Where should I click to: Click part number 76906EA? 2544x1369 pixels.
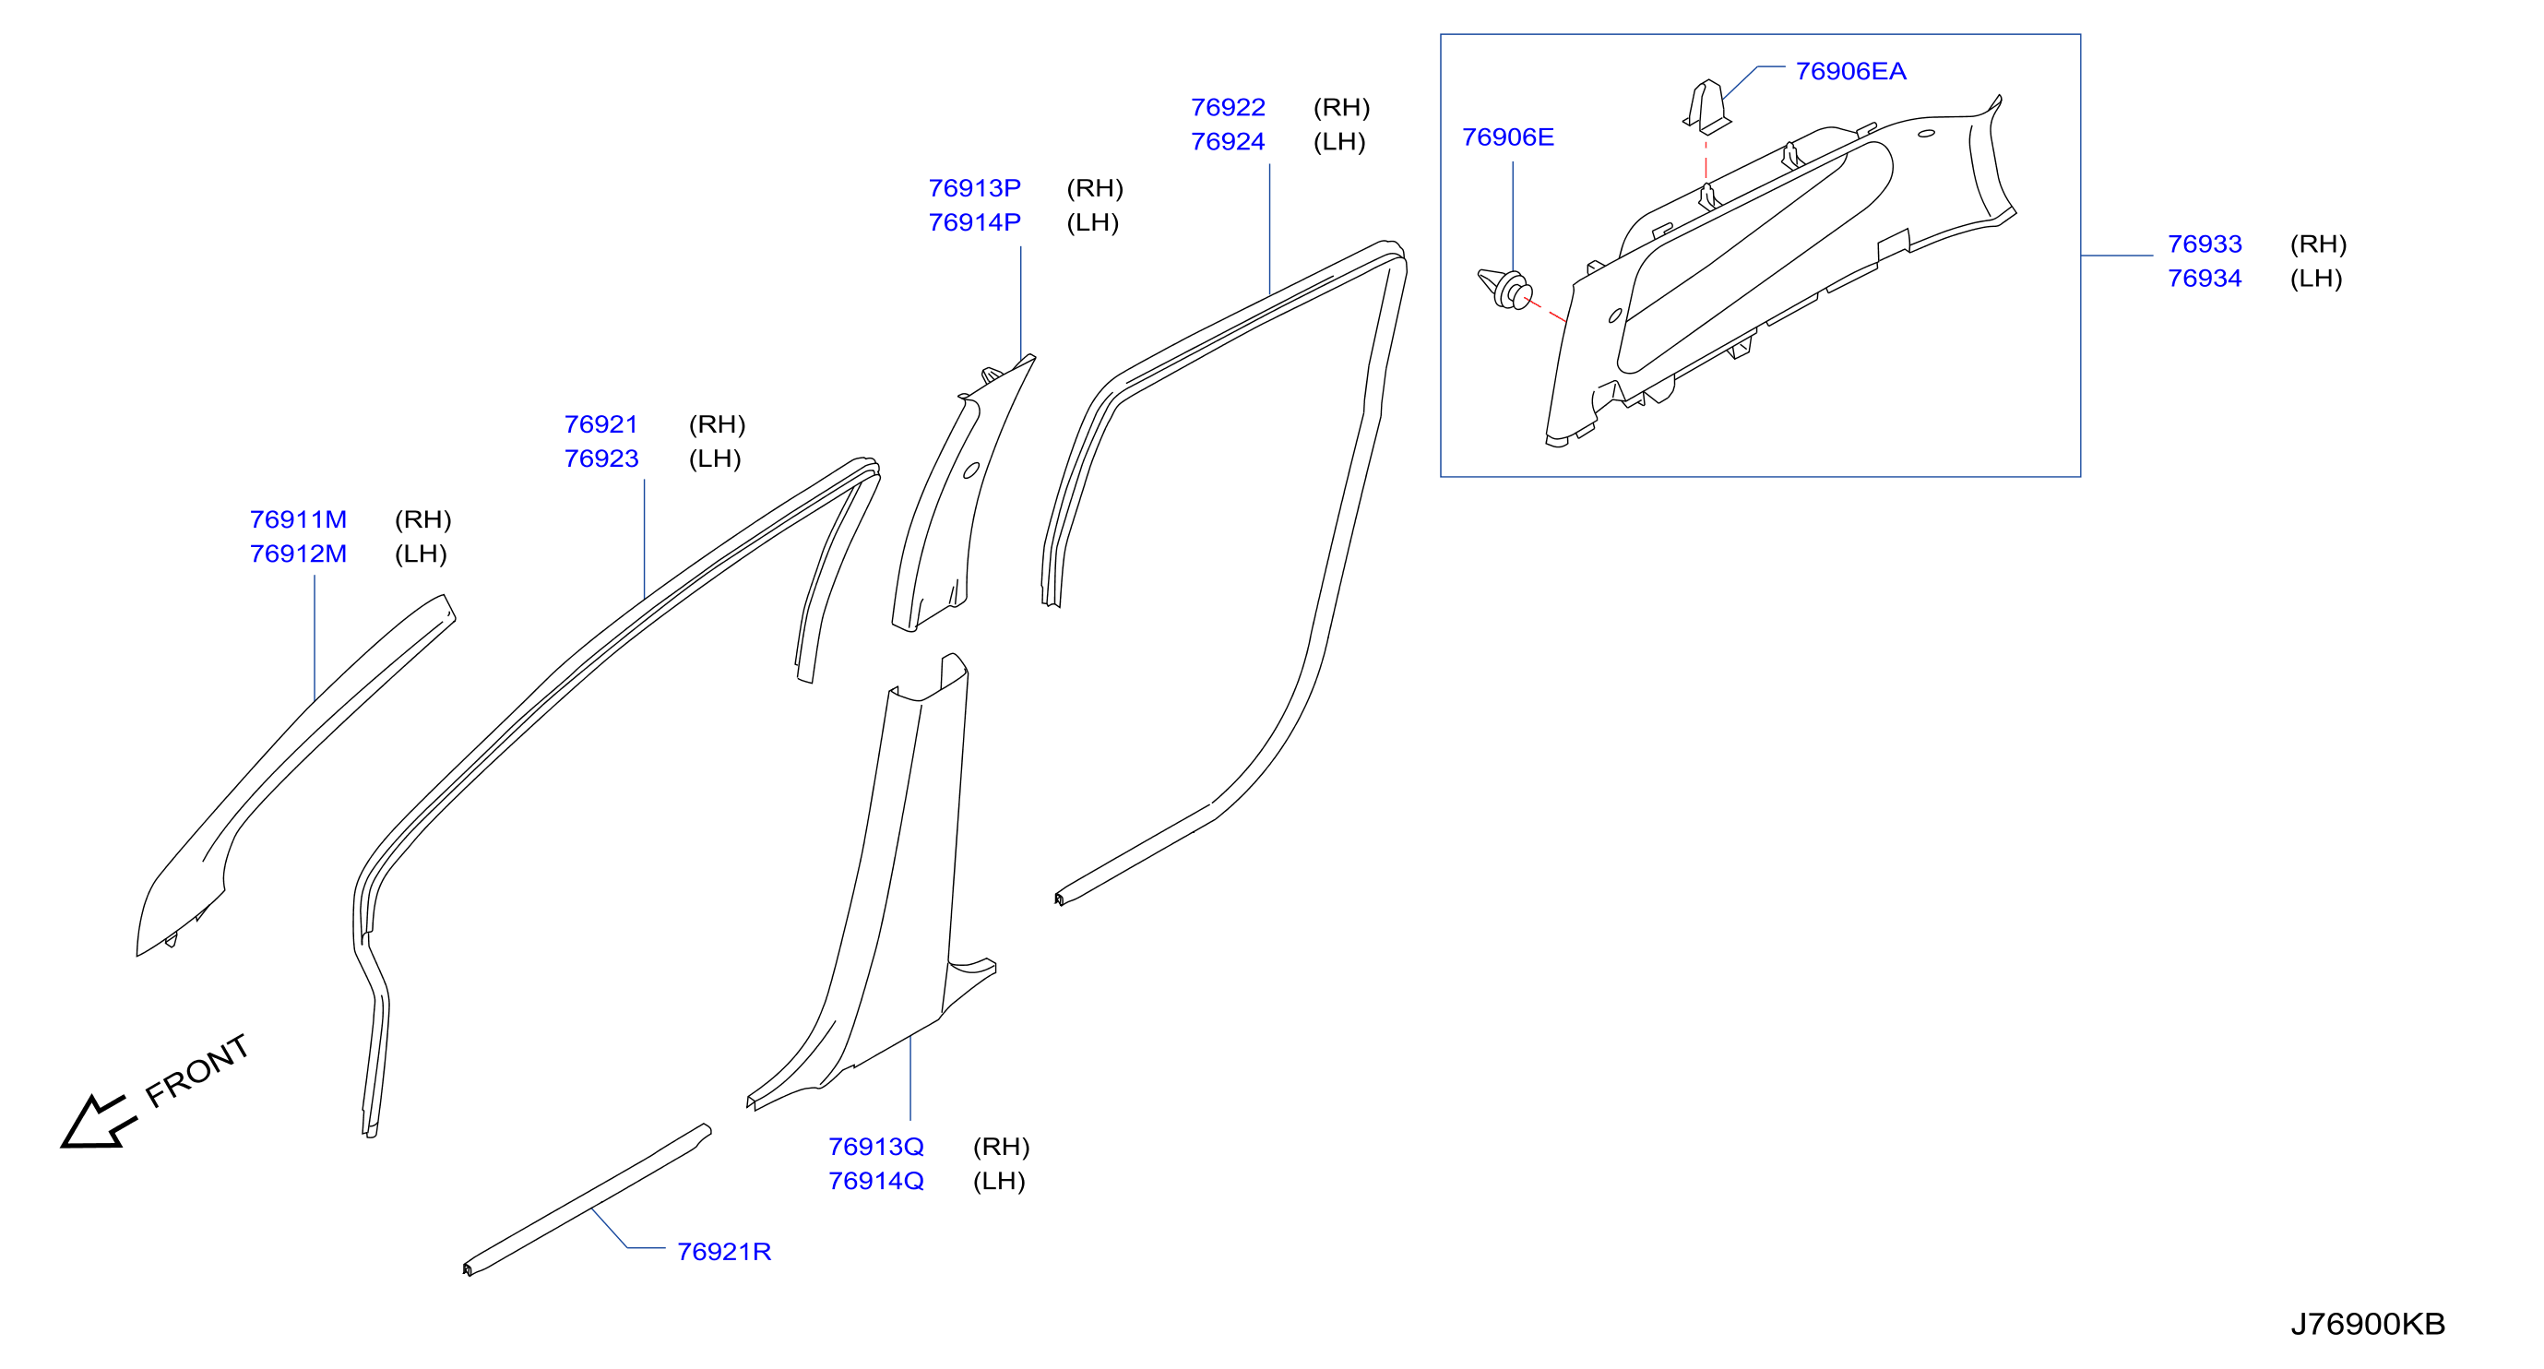[x=1849, y=71]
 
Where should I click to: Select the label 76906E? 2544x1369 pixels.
[x=1507, y=137]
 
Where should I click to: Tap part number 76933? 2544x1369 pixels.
[x=2205, y=244]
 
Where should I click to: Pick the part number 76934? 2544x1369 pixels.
[x=2205, y=279]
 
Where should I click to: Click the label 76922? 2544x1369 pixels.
[x=1228, y=107]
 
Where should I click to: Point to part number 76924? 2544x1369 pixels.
[x=1228, y=141]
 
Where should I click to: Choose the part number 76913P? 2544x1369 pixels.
[x=975, y=187]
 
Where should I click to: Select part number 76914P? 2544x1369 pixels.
[x=975, y=222]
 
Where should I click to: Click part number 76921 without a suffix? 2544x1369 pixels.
[x=601, y=423]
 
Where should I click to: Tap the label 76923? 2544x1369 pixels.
[x=601, y=458]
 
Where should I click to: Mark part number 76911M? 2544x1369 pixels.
[x=298, y=519]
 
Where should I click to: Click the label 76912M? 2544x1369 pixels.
[x=298, y=554]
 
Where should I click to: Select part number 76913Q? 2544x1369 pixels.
[x=876, y=1147]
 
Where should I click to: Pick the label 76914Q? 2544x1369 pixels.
[x=876, y=1182]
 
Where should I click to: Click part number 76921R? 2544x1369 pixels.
[x=724, y=1252]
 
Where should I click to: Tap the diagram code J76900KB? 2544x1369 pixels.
[x=2367, y=1324]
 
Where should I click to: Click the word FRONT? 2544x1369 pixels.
[x=196, y=1072]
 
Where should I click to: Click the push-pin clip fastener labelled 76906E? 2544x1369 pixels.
[x=1506, y=288]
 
